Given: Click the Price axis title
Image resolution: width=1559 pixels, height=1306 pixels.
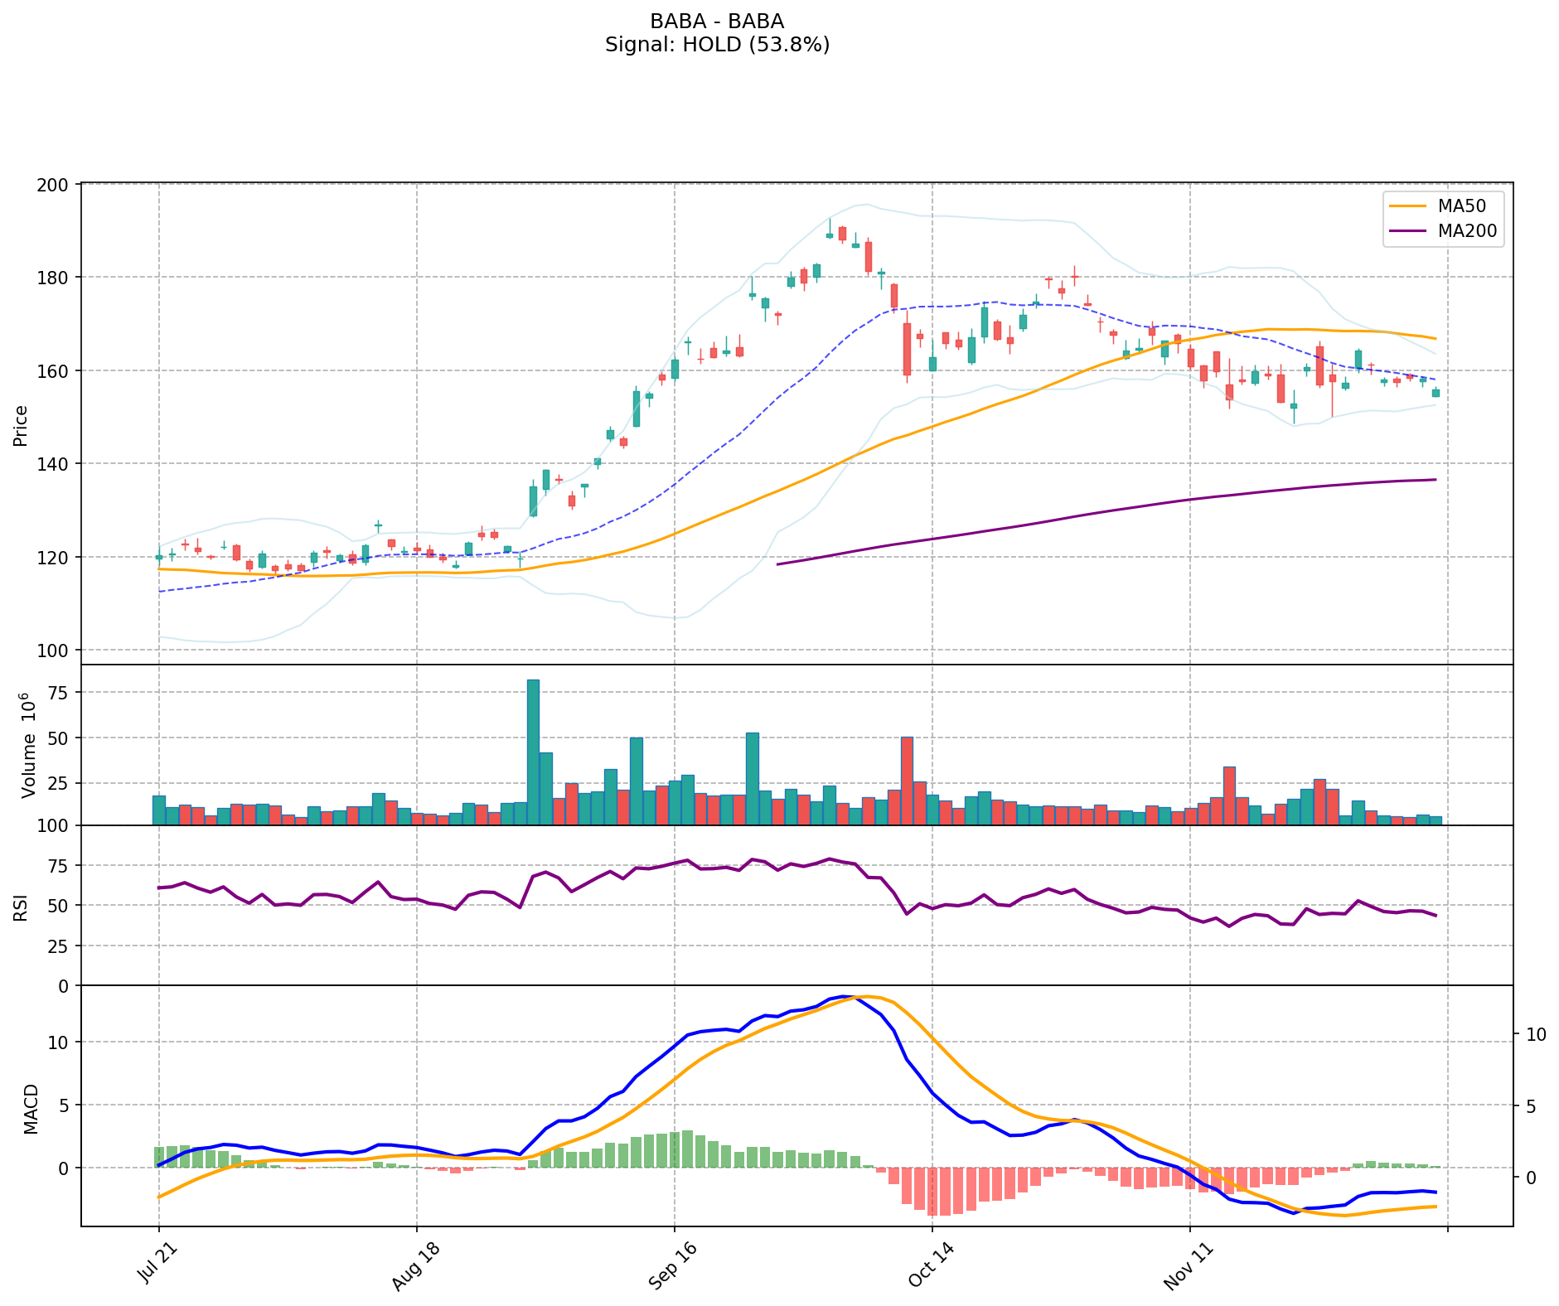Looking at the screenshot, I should pos(21,425).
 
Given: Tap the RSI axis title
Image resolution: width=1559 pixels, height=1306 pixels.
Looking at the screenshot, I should pos(21,906).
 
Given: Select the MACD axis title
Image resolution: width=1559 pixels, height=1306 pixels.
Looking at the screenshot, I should pos(31,1108).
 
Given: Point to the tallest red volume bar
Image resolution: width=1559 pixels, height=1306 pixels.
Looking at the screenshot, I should pos(907,779).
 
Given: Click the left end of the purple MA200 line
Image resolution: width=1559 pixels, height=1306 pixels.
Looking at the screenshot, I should pos(777,564).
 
